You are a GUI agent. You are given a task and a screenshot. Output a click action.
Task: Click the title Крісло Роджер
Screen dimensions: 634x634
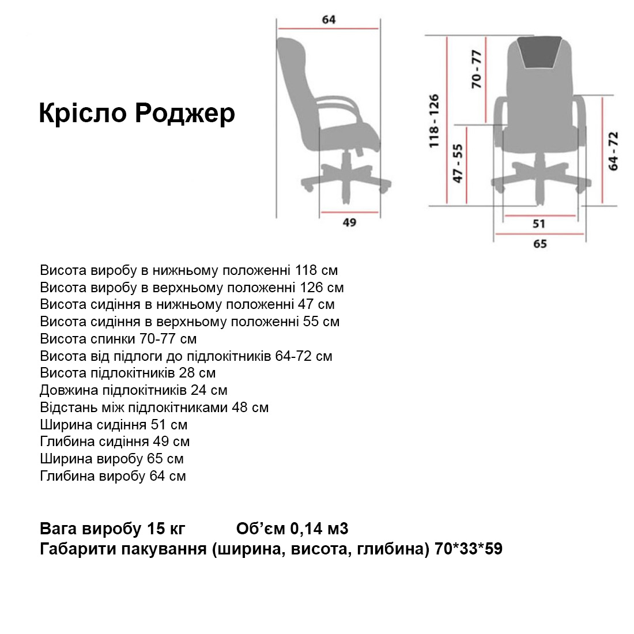(x=137, y=114)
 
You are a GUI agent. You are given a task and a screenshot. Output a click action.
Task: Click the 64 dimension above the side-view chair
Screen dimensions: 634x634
(x=329, y=19)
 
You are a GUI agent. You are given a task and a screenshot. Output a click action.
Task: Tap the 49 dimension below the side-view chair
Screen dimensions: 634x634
(x=349, y=222)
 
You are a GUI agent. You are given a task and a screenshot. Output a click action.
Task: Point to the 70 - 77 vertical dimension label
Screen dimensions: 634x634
(x=476, y=69)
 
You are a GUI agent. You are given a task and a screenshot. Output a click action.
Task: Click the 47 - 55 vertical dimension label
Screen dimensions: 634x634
(x=458, y=163)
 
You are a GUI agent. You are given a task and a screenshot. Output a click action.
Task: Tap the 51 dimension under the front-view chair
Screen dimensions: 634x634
(x=539, y=224)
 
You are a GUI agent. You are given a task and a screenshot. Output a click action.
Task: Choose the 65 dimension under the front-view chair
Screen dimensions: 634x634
(x=540, y=243)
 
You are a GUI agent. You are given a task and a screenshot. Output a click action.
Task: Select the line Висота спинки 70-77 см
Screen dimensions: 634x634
(x=118, y=338)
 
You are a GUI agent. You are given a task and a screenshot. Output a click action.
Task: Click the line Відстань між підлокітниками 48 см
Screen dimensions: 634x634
(x=154, y=407)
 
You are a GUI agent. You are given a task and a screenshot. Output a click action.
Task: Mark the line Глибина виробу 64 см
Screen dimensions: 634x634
(x=113, y=476)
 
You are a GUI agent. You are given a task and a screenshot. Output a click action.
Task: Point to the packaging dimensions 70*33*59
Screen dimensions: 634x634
(x=469, y=549)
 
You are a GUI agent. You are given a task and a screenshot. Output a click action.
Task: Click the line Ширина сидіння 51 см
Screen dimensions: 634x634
(x=114, y=425)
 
